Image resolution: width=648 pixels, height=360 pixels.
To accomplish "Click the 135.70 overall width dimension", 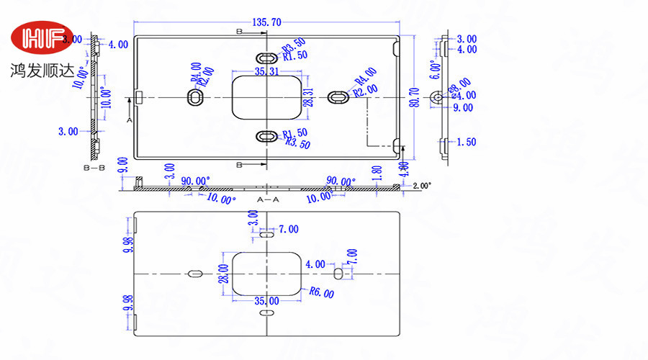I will [x=266, y=23].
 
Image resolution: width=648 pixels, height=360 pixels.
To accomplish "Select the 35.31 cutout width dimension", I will [x=266, y=71].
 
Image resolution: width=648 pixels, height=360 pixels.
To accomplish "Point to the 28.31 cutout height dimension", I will [x=308, y=97].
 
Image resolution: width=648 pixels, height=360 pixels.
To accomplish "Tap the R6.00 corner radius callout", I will [x=321, y=292].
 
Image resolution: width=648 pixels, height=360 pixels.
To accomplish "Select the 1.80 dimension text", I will [x=377, y=173].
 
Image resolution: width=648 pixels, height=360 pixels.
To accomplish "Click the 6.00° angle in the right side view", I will [x=433, y=70].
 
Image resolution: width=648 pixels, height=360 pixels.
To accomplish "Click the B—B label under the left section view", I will [x=94, y=167].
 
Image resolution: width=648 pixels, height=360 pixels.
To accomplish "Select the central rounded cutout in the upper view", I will [x=266, y=96].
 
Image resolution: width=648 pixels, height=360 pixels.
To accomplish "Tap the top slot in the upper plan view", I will [x=266, y=56].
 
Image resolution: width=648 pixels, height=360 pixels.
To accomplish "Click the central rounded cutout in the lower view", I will [x=266, y=274].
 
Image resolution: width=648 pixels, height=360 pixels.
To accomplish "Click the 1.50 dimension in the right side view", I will [x=466, y=142].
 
